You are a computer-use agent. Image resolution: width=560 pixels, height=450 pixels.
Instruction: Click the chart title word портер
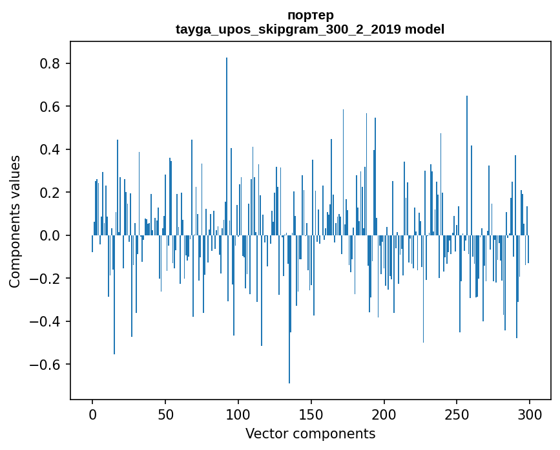click(310, 15)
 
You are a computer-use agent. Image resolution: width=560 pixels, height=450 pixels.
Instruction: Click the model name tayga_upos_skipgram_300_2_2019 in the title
click(288, 29)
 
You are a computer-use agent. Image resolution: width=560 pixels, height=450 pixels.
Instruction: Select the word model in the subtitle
click(424, 29)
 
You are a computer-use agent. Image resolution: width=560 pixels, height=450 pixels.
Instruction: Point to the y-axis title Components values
click(15, 221)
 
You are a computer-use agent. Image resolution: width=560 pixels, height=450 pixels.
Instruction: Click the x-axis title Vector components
click(310, 433)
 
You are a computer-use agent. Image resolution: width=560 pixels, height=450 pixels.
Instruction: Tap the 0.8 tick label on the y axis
click(50, 63)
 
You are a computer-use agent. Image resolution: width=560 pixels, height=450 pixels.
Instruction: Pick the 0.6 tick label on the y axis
click(50, 106)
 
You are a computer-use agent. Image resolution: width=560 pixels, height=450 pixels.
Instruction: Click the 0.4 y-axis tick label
click(50, 149)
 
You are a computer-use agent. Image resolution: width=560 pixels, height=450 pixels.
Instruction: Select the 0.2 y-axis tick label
click(50, 193)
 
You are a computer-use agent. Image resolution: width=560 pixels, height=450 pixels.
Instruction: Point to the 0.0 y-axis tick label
click(50, 235)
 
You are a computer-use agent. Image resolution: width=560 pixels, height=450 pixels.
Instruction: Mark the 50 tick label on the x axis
click(165, 414)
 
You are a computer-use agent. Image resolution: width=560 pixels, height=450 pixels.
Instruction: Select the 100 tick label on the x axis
click(238, 414)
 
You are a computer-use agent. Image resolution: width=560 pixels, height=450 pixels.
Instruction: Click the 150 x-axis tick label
click(311, 414)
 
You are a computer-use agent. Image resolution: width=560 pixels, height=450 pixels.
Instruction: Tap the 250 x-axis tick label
click(457, 414)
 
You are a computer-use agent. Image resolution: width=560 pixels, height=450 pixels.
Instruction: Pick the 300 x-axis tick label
click(530, 414)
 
